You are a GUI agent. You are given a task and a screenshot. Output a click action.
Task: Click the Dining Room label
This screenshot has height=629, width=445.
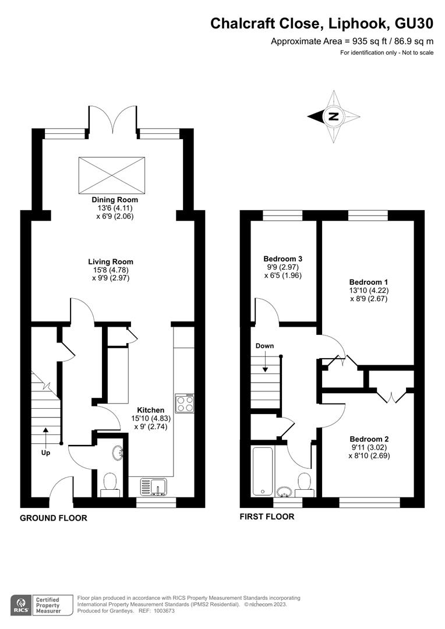115,200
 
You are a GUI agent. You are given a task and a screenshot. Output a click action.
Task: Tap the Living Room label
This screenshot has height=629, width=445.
111,262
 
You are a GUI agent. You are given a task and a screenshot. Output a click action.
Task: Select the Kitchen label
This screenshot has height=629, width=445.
151,410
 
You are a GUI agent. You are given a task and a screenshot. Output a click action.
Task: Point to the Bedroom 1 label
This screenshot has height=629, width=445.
368,282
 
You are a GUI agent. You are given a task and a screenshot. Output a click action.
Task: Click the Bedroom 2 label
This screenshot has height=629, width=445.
369,439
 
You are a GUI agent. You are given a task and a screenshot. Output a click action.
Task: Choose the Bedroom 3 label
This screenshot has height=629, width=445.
283,259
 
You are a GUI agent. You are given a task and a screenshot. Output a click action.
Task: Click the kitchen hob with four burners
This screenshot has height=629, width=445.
185,403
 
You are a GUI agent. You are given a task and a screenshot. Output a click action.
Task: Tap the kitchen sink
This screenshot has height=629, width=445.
154,486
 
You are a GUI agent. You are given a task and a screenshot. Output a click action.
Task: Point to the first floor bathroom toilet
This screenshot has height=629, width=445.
304,483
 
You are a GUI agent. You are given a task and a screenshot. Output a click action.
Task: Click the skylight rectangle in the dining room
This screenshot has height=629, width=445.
112,175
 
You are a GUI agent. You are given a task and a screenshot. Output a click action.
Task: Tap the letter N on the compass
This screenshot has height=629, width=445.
333,116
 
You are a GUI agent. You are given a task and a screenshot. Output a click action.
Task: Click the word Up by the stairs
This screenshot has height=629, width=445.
46,453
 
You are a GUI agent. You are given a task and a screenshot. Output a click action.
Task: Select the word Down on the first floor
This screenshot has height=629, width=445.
265,346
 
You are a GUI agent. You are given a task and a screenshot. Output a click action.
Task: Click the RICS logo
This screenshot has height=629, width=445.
22,605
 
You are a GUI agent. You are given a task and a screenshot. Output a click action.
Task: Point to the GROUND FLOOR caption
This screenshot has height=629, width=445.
54,518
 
